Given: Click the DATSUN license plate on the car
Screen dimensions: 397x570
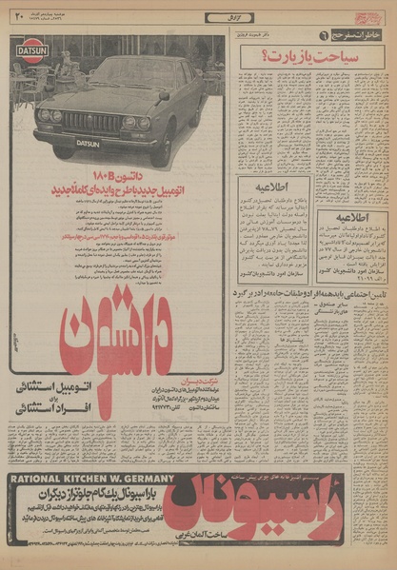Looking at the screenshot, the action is tap(88, 144).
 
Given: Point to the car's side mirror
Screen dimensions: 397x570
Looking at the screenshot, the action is tap(163, 95).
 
